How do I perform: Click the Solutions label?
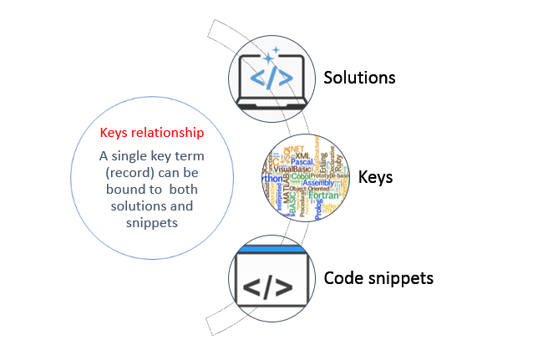coord(359,78)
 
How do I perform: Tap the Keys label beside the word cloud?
coord(376,177)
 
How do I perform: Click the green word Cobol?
coord(301,176)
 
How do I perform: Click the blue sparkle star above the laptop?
coord(269,58)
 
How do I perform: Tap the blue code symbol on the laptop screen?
coord(272,79)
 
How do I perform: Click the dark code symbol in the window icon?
coord(267,286)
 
